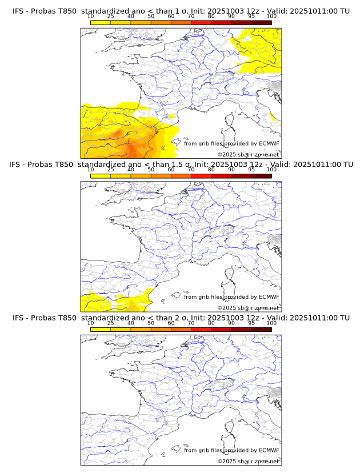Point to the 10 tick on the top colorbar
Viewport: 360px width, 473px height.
(x=91, y=17)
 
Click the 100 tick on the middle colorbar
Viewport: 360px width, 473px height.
(x=271, y=170)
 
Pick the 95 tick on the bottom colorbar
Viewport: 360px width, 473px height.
(x=251, y=323)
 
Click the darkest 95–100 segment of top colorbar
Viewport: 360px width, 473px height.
(x=261, y=22)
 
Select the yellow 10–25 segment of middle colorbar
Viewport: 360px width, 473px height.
(x=101, y=175)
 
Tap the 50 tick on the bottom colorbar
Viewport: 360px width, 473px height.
(x=151, y=323)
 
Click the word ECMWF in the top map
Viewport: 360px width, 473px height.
(x=269, y=143)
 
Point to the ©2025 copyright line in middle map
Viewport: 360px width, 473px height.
(x=248, y=307)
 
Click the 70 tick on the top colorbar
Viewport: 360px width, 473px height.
(x=191, y=17)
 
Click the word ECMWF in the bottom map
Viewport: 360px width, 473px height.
(x=269, y=450)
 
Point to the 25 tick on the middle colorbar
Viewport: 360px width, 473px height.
(x=111, y=170)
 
